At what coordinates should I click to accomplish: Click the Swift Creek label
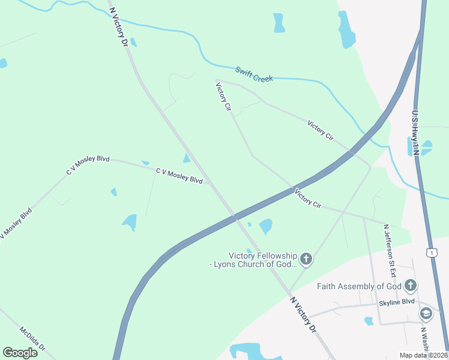tap(254, 74)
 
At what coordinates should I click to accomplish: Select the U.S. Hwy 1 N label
tap(415, 132)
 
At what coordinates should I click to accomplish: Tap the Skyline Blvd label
tap(397, 303)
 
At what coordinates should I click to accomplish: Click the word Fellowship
tap(276, 256)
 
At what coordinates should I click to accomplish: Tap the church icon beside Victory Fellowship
tap(306, 259)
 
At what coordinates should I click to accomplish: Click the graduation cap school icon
tap(426, 313)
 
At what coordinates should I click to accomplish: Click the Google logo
tap(20, 353)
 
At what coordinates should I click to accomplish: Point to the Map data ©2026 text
tap(423, 355)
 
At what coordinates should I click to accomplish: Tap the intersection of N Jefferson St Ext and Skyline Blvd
tap(374, 305)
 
